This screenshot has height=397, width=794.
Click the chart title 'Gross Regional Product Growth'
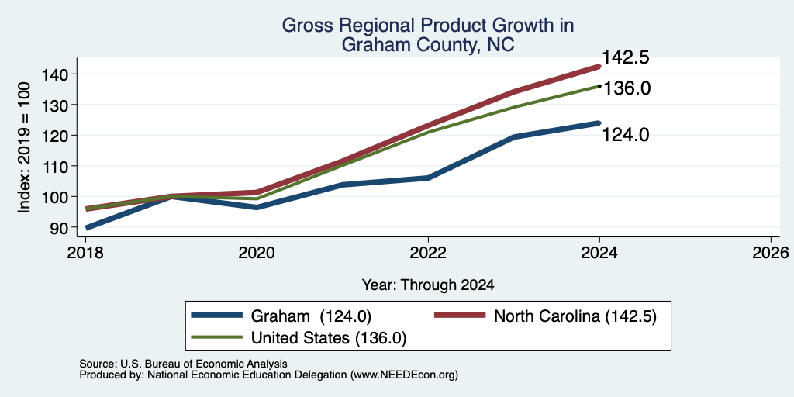pos(428,26)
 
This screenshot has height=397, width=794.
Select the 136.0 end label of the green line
pos(627,88)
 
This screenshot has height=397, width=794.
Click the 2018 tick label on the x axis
pos(85,252)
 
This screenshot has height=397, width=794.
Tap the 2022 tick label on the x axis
pos(428,252)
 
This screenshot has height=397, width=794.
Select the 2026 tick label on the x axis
pos(771,252)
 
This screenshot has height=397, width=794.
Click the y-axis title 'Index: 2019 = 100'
pos(25,148)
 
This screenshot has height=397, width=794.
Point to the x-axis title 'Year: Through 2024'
pos(428,285)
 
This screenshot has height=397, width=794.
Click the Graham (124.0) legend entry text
pos(312,316)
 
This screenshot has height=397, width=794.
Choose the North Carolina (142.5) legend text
pos(575,316)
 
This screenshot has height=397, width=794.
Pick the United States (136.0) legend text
pos(329,338)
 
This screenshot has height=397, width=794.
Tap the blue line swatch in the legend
pos(216,316)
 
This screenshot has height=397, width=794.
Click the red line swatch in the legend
pos(460,316)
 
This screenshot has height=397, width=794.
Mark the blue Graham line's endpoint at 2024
pos(599,123)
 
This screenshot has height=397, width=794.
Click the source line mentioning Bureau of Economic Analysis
pos(184,364)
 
